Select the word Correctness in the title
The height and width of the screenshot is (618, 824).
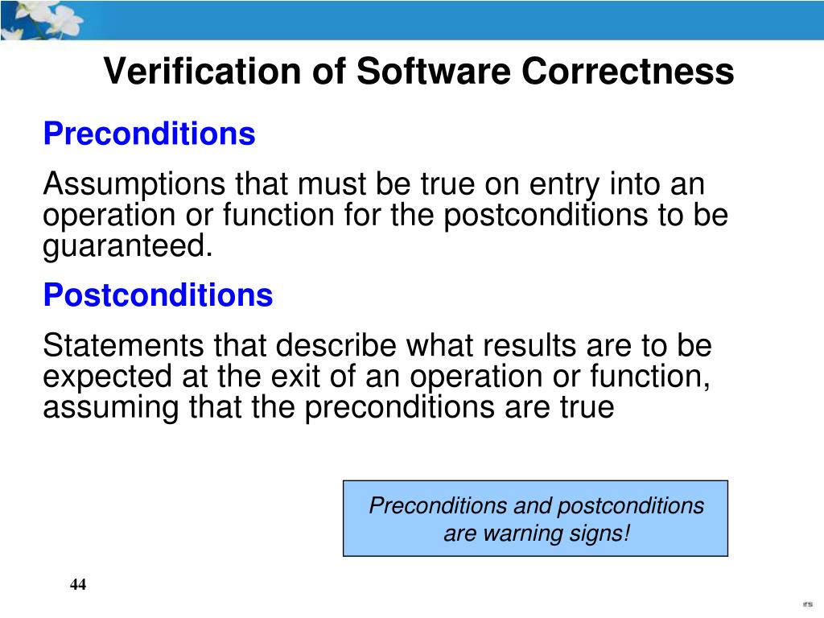[x=628, y=72]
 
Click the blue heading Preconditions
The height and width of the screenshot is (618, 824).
[x=149, y=134]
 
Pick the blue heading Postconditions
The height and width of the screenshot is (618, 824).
[x=158, y=295]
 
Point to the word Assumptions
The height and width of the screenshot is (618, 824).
[x=134, y=185]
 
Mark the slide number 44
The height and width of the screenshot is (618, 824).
[x=77, y=585]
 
